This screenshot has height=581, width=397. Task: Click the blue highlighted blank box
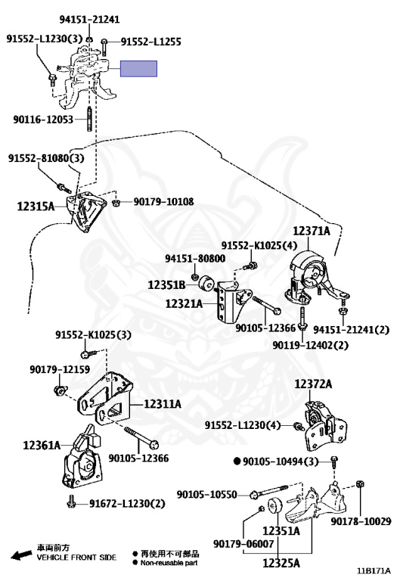pyautogui.click(x=138, y=69)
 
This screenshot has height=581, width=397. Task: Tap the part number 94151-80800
pyautogui.click(x=195, y=258)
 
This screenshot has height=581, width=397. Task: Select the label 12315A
pyautogui.click(x=36, y=207)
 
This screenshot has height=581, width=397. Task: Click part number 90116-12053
pyautogui.click(x=43, y=120)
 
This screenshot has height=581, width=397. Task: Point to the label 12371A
pyautogui.click(x=312, y=231)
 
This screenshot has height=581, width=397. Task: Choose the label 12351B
pyautogui.click(x=166, y=285)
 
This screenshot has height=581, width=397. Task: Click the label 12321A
pyautogui.click(x=184, y=304)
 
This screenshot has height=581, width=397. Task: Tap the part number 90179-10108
pyautogui.click(x=163, y=201)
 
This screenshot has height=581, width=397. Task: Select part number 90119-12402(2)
pyautogui.click(x=310, y=345)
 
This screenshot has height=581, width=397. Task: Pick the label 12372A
pyautogui.click(x=313, y=384)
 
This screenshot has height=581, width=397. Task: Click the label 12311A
pyautogui.click(x=163, y=403)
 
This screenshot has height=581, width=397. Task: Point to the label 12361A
pyautogui.click(x=42, y=445)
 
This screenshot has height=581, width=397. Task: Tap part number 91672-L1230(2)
pyautogui.click(x=127, y=503)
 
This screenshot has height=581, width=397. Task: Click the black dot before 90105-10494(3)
pyautogui.click(x=237, y=461)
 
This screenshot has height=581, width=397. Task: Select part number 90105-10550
pyautogui.click(x=206, y=494)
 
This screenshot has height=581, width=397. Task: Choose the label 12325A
pyautogui.click(x=281, y=563)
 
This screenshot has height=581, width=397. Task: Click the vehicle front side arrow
pyautogui.click(x=21, y=555)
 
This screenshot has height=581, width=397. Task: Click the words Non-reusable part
pyautogui.click(x=169, y=563)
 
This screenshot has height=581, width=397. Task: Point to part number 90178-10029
pyautogui.click(x=361, y=521)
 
